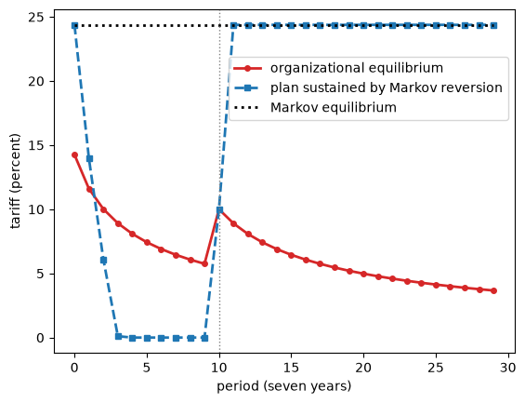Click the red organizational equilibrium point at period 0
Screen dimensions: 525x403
pyautogui.click(x=74, y=155)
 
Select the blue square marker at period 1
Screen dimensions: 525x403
pyautogui.click(x=89, y=158)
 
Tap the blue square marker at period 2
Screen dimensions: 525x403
pyautogui.click(x=103, y=261)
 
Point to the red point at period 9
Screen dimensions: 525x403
pyautogui.click(x=205, y=264)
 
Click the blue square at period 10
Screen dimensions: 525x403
pyautogui.click(x=219, y=210)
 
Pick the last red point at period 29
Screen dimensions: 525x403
pyautogui.click(x=493, y=290)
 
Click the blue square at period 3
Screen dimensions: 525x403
pyautogui.click(x=118, y=336)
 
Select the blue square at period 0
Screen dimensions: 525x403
pyautogui.click(x=74, y=25)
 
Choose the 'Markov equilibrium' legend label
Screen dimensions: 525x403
pyautogui.click(x=334, y=108)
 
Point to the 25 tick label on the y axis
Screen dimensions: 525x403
pyautogui.click(x=36, y=17)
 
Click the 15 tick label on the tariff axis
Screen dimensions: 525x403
pyautogui.click(x=36, y=145)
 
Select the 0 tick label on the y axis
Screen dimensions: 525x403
pyautogui.click(x=41, y=338)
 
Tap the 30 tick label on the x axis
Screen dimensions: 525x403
pyautogui.click(x=508, y=368)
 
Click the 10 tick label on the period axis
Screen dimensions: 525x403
pyautogui.click(x=219, y=368)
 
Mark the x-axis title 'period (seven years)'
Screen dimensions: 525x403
pyautogui.click(x=284, y=386)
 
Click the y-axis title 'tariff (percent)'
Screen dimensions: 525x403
pyautogui.click(x=15, y=181)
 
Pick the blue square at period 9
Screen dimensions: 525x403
pyautogui.click(x=205, y=338)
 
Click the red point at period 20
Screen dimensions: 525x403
pyautogui.click(x=364, y=274)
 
